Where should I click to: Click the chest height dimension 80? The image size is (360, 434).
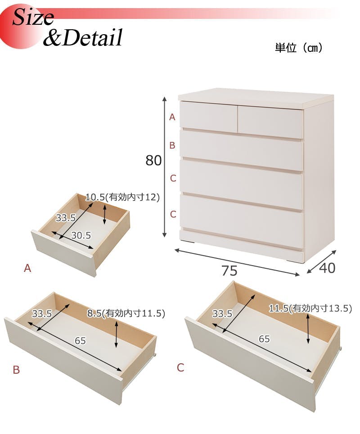click(x=153, y=160)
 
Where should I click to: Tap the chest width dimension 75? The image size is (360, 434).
click(x=229, y=271)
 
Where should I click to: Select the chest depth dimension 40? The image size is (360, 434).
click(x=327, y=268)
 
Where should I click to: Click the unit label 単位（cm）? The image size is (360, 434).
click(x=298, y=48)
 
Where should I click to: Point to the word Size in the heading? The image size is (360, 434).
click(x=33, y=17)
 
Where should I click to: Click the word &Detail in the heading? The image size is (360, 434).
click(x=82, y=37)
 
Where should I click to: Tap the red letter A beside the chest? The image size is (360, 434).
click(x=172, y=117)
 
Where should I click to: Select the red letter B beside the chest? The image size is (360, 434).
click(x=172, y=145)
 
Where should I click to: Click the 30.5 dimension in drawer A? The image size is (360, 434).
click(x=81, y=235)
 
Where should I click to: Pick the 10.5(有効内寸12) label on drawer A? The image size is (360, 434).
click(x=122, y=197)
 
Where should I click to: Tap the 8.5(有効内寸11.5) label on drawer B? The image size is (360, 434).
click(x=126, y=313)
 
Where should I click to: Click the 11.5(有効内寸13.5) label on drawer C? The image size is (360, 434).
click(x=310, y=308)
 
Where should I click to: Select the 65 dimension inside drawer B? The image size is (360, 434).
click(x=80, y=340)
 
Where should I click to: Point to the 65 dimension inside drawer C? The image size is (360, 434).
click(x=264, y=339)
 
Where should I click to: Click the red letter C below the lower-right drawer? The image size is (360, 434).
click(x=180, y=367)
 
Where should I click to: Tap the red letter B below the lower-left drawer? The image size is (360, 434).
click(x=16, y=370)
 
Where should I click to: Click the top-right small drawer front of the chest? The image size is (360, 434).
click(x=270, y=122)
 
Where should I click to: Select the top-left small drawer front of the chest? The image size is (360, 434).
click(x=209, y=117)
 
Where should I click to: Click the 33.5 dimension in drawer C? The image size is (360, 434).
click(x=222, y=314)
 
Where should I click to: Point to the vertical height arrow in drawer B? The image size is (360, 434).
click(x=117, y=335)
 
